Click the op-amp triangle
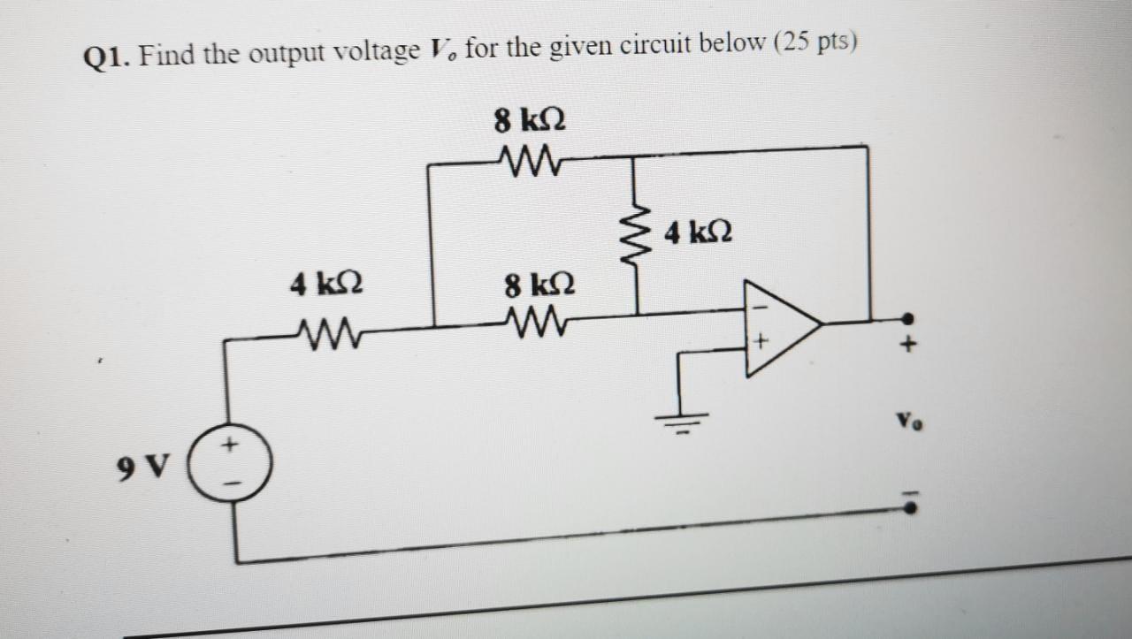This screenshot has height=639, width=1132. pyautogui.click(x=779, y=327)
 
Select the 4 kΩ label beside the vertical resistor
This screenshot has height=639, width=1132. pyautogui.click(x=699, y=234)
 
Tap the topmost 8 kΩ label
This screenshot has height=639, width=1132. pyautogui.click(x=530, y=119)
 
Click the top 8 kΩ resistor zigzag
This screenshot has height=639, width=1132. pyautogui.click(x=529, y=161)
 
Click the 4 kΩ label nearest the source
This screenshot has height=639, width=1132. pyautogui.click(x=326, y=285)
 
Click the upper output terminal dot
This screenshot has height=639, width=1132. pyautogui.click(x=907, y=318)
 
